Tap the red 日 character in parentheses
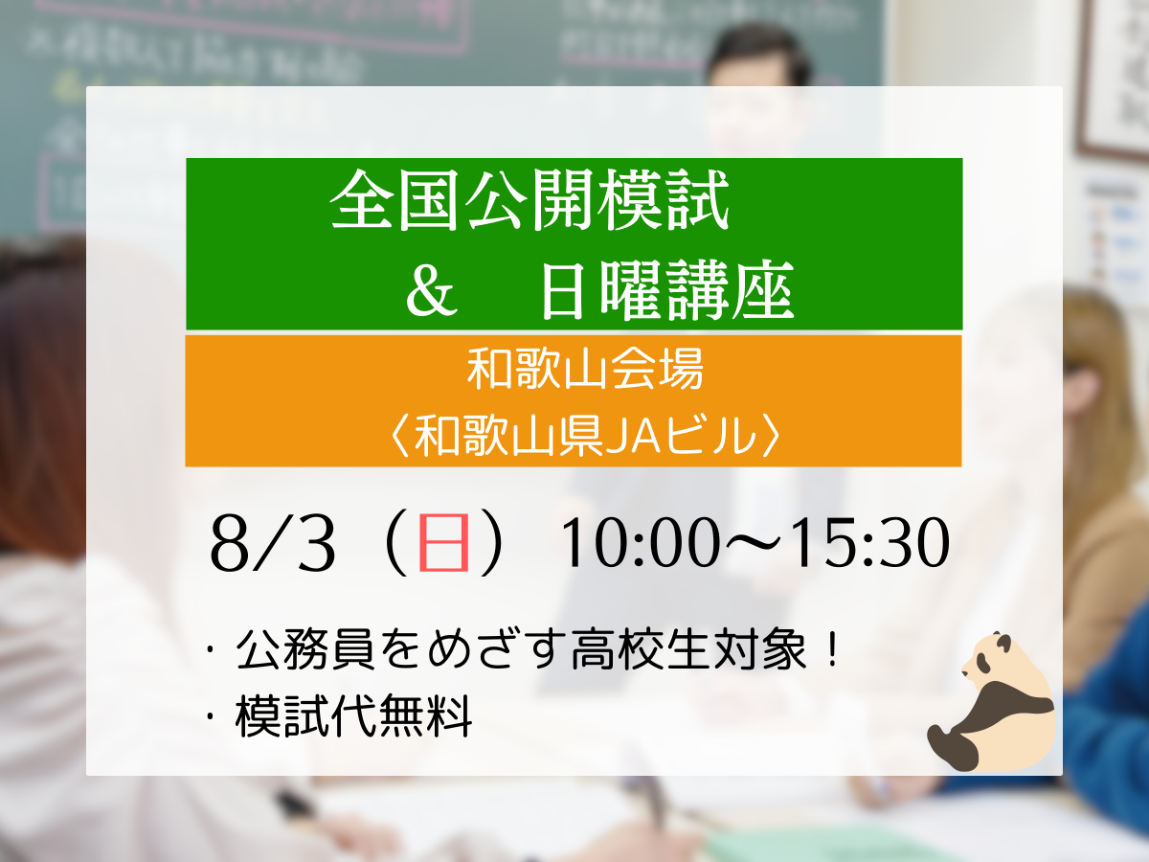(x=443, y=542)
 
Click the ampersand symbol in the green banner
(x=432, y=291)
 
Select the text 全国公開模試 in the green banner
(x=529, y=200)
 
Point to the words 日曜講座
(x=668, y=290)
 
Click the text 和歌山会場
(x=585, y=370)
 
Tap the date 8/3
(x=272, y=543)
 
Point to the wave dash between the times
(x=754, y=543)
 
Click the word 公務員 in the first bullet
(x=305, y=649)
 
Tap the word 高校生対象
(x=688, y=649)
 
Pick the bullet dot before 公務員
(x=211, y=649)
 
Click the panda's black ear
(x=1003, y=642)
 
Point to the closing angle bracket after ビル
(x=771, y=436)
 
